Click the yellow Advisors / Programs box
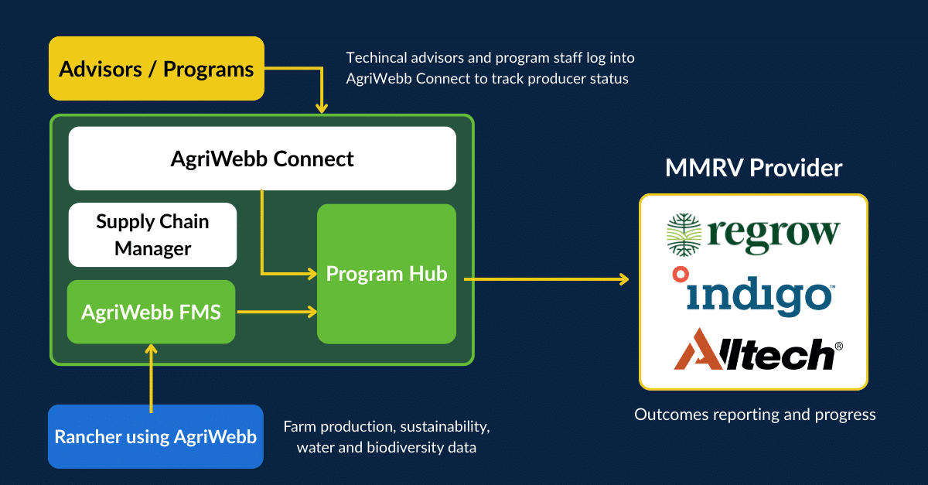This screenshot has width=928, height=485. pos(156,70)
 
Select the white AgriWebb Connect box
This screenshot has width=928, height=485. pos(262,159)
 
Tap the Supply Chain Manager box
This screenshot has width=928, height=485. pos(153,234)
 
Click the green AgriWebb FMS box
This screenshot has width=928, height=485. pos(152,313)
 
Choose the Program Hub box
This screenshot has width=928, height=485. pos(387,274)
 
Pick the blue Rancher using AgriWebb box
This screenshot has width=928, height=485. pos(155,436)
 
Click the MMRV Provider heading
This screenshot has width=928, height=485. pos(753,168)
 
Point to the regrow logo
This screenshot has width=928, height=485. pos(753,233)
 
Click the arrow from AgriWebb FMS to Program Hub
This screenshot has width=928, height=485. pos(276,313)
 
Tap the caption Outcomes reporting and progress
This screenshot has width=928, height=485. pos(755,415)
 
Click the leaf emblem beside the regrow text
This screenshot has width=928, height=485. pos(684,234)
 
